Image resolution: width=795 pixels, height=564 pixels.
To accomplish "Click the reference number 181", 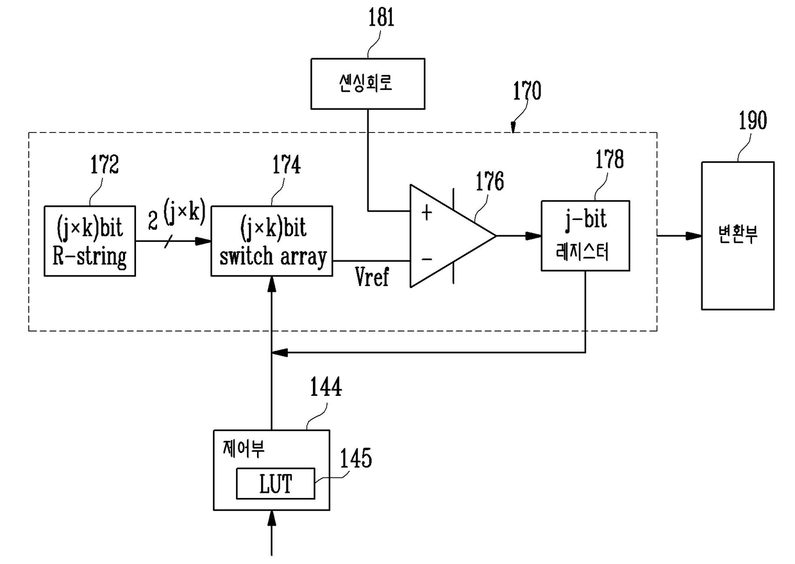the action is point(381,17).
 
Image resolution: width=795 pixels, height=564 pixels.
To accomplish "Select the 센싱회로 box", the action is point(368,84).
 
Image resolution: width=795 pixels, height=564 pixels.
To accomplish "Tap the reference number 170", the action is point(527,90).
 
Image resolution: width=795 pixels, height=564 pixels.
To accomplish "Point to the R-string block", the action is point(90,241).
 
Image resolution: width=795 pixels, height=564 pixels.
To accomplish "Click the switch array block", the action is point(272,241).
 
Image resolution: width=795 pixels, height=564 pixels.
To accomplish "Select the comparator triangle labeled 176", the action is point(453,236).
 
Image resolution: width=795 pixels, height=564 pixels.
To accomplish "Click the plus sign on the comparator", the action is point(426,213).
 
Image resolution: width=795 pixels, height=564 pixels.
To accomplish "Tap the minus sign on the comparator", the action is point(426,259).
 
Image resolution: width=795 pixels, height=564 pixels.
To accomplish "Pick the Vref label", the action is point(372,277).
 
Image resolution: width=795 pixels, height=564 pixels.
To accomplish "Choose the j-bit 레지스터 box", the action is point(585,236).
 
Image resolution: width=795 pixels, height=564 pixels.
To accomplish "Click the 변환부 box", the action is point(738,236).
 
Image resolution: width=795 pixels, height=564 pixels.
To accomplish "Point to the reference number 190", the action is point(753,121).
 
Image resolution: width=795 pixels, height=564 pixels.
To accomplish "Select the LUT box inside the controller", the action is point(276,483).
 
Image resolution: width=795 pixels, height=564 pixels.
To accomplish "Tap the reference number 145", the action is point(356,457).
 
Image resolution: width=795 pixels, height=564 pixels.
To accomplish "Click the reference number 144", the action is point(326,387).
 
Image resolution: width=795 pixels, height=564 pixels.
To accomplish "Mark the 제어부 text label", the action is point(244,449).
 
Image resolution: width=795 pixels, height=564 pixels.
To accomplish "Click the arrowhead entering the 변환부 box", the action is point(694,236).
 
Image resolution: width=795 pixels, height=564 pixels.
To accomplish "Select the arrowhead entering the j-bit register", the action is point(533,236).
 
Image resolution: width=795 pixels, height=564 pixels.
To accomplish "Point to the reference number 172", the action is point(105,164).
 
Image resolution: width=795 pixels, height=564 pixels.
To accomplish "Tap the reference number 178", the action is point(609,159).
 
